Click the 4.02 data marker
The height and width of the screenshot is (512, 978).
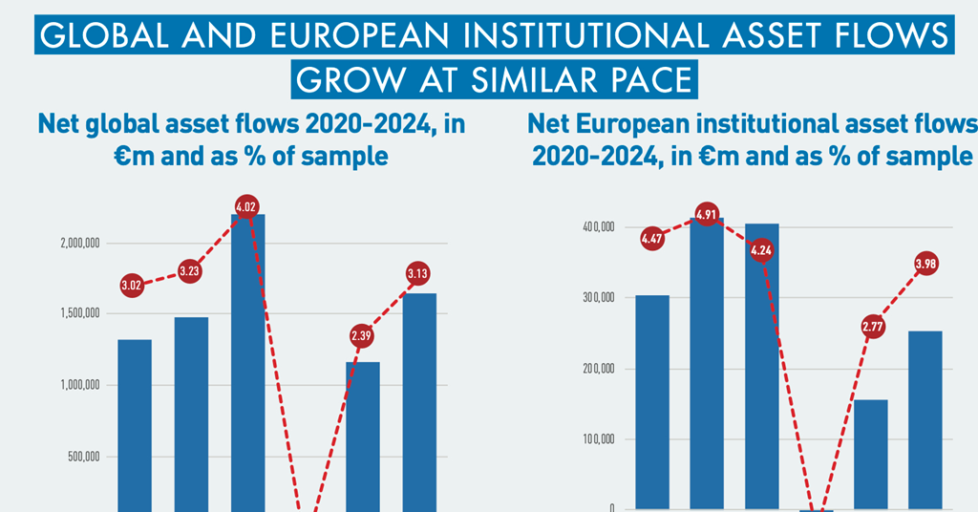click(x=245, y=206)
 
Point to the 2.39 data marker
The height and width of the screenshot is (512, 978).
click(x=362, y=336)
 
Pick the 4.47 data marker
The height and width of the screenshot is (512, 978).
click(x=652, y=239)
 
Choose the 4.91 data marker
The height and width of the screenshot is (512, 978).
click(x=707, y=214)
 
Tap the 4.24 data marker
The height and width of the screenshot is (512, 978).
click(x=762, y=251)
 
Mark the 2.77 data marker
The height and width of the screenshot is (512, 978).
click(x=872, y=328)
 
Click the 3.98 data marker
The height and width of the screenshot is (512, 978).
click(x=925, y=264)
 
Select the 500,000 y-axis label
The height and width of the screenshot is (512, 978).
click(x=84, y=457)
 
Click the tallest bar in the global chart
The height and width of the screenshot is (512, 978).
click(x=247, y=363)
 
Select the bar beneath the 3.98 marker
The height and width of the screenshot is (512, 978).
click(x=925, y=420)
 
